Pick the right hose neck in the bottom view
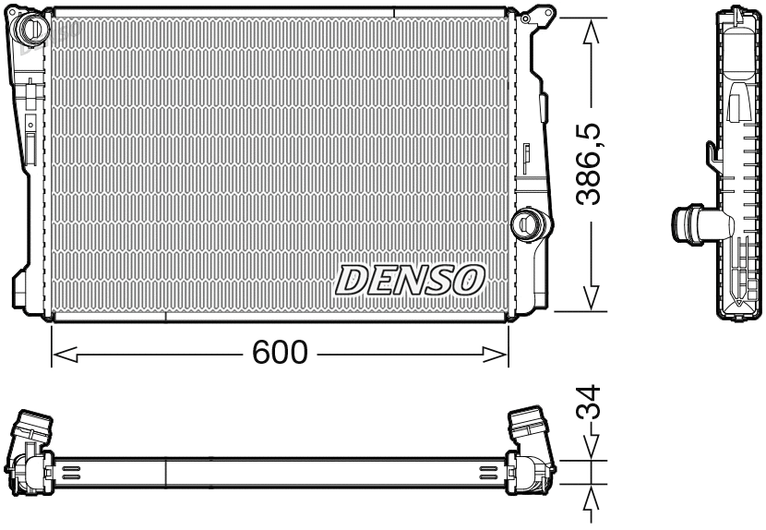[x=529, y=428]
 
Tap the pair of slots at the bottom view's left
[x=71, y=472]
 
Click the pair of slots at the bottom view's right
[x=488, y=472]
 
